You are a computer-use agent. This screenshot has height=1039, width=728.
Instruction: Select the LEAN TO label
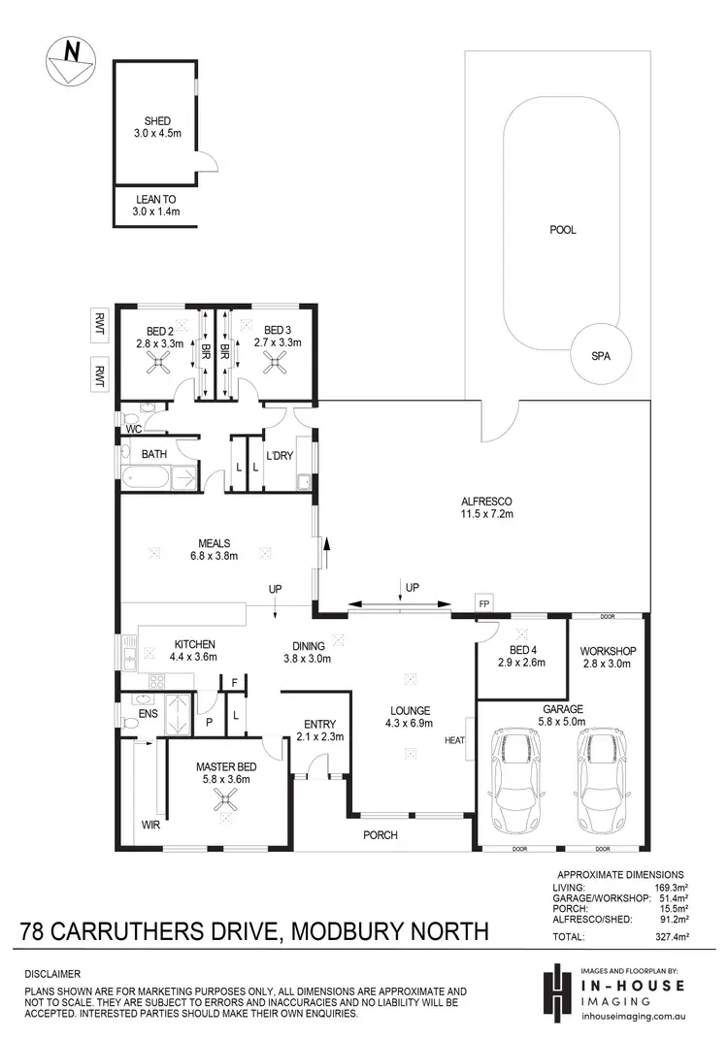pyautogui.click(x=157, y=199)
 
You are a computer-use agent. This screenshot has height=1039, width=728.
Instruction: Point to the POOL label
pyautogui.click(x=563, y=230)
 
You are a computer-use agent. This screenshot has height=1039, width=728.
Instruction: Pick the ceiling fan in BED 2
pyautogui.click(x=156, y=363)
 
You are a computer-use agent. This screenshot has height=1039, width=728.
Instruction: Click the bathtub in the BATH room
pyautogui.click(x=144, y=477)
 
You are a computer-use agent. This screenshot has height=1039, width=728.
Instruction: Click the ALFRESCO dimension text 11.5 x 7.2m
pyautogui.click(x=486, y=513)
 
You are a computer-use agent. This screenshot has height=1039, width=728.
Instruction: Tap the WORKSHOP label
pyautogui.click(x=607, y=650)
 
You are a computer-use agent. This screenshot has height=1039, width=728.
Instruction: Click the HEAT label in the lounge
pyautogui.click(x=454, y=741)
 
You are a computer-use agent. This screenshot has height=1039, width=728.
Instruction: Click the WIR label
pyautogui.click(x=149, y=826)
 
